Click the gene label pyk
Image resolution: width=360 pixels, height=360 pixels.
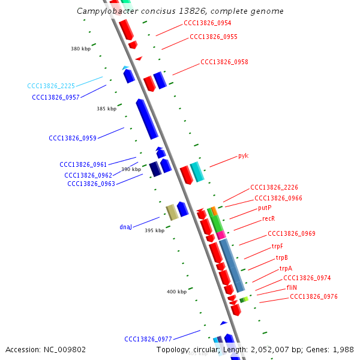click(243, 156)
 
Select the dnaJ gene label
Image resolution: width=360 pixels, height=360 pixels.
click(125, 227)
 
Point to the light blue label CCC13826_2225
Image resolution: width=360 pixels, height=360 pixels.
click(51, 86)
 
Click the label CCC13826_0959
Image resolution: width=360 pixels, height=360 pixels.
click(73, 138)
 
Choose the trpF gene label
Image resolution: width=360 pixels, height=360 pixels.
click(277, 246)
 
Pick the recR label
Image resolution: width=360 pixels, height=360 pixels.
click(268, 219)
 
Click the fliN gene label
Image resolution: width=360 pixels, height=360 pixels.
click(292, 287)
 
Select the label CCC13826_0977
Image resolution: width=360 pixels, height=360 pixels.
click(148, 339)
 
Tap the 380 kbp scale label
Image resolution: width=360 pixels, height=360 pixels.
click(80, 49)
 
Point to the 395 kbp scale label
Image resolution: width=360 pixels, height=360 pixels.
click(154, 230)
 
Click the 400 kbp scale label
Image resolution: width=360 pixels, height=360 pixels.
click(176, 292)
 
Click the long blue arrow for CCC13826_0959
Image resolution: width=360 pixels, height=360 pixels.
click(146, 118)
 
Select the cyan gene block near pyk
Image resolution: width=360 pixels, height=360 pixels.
click(197, 172)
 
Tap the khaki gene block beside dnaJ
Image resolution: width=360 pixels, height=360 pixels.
click(172, 212)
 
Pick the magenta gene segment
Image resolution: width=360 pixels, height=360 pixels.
click(221, 235)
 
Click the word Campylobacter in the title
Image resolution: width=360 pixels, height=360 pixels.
click(106, 11)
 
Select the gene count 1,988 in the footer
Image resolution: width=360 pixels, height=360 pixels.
click(343, 349)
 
